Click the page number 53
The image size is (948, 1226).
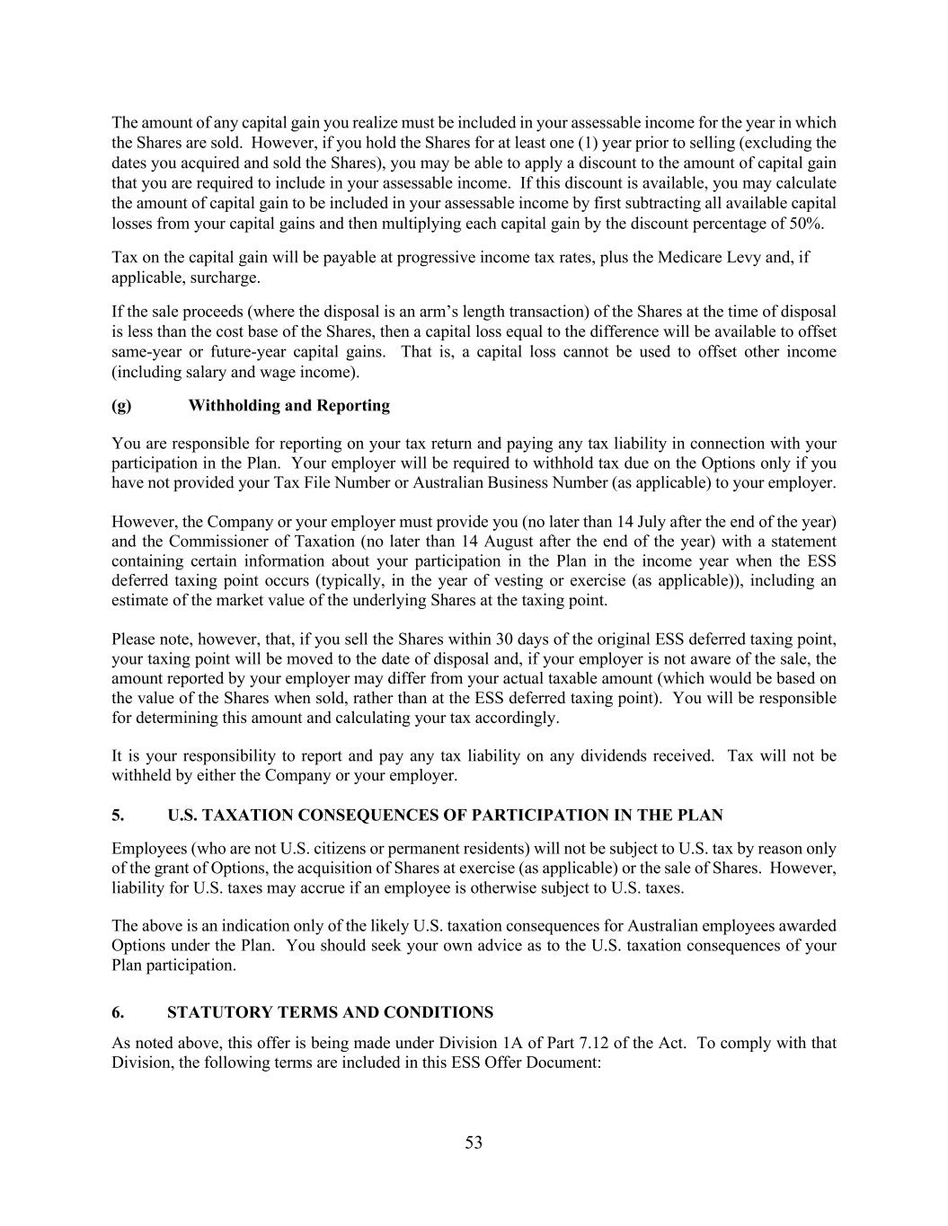pyautogui.click(x=474, y=1142)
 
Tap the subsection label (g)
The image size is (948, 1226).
pyautogui.click(x=121, y=406)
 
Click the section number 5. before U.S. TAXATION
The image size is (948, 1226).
pyautogui.click(x=118, y=816)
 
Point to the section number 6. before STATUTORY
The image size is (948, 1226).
pyautogui.click(x=118, y=1013)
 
